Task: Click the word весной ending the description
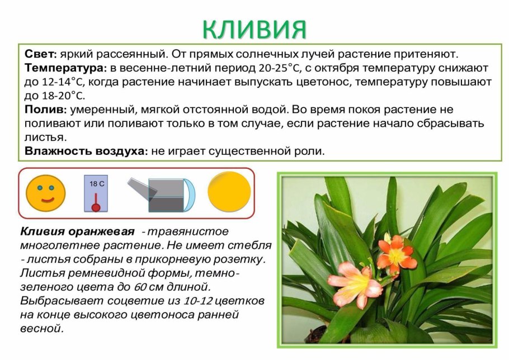pyautogui.click(x=41, y=328)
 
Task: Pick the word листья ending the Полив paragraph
pyautogui.click(x=45, y=136)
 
